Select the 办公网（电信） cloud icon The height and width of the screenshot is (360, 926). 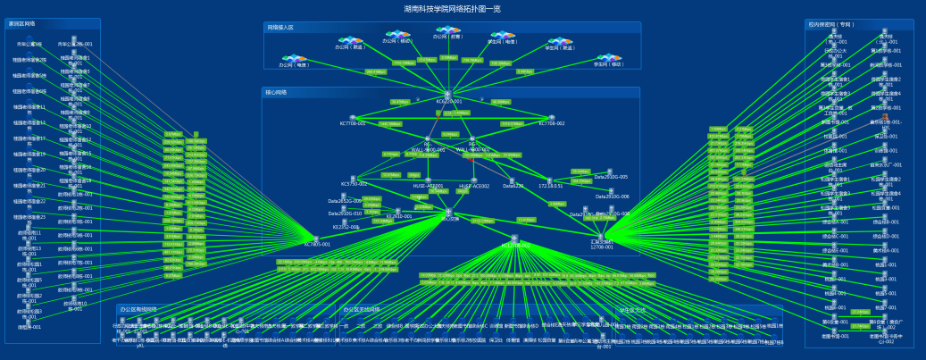pyautogui.click(x=294, y=57)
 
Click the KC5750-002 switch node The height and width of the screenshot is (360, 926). pyautogui.click(x=355, y=179)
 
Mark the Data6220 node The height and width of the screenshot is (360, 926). pyautogui.click(x=513, y=180)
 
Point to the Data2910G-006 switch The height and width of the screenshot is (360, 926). pyautogui.click(x=612, y=190)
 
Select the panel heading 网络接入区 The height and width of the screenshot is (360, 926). pyautogui.click(x=279, y=28)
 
